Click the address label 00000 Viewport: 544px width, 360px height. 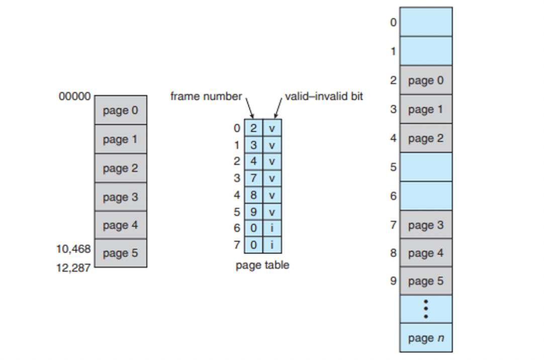[x=75, y=97]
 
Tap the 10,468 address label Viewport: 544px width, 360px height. [x=73, y=249]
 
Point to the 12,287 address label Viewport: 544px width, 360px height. [x=73, y=267]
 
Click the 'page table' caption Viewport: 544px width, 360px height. [x=262, y=265]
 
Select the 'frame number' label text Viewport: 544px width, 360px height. [x=206, y=97]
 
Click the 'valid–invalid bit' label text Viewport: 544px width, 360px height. [x=324, y=97]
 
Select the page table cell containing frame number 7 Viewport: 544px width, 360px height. [x=253, y=178]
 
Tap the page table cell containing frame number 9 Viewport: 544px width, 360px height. [x=253, y=212]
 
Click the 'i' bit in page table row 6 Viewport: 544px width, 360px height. [x=272, y=228]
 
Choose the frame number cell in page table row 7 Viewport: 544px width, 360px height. [x=253, y=245]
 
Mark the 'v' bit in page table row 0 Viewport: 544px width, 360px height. [x=272, y=128]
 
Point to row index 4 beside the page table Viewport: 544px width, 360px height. [x=237, y=195]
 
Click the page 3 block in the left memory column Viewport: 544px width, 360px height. [x=121, y=197]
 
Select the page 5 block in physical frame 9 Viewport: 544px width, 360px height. [x=426, y=281]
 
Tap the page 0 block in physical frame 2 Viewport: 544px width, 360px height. [x=426, y=80]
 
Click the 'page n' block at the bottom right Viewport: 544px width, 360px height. [x=426, y=338]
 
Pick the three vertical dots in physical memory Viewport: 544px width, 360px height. [x=426, y=309]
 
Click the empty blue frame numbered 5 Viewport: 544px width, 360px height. [x=426, y=167]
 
